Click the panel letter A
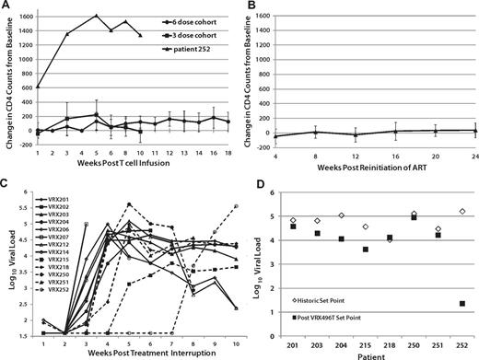(6, 6)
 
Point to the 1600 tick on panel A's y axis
(23, 15)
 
